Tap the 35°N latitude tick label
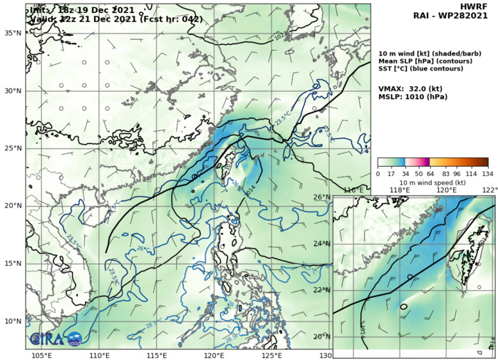(x=12, y=33)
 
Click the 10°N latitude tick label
(x=12, y=321)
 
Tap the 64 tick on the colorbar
(x=422, y=174)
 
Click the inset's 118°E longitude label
(x=399, y=190)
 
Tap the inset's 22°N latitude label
(x=323, y=290)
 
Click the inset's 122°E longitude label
(x=489, y=190)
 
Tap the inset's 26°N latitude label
(x=323, y=197)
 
